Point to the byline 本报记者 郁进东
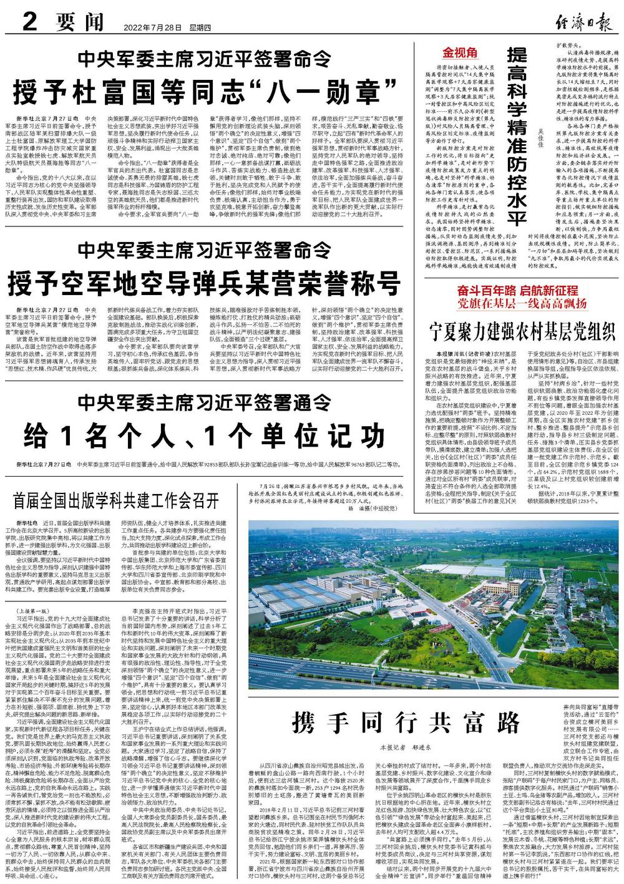pyautogui.click(x=406, y=746)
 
